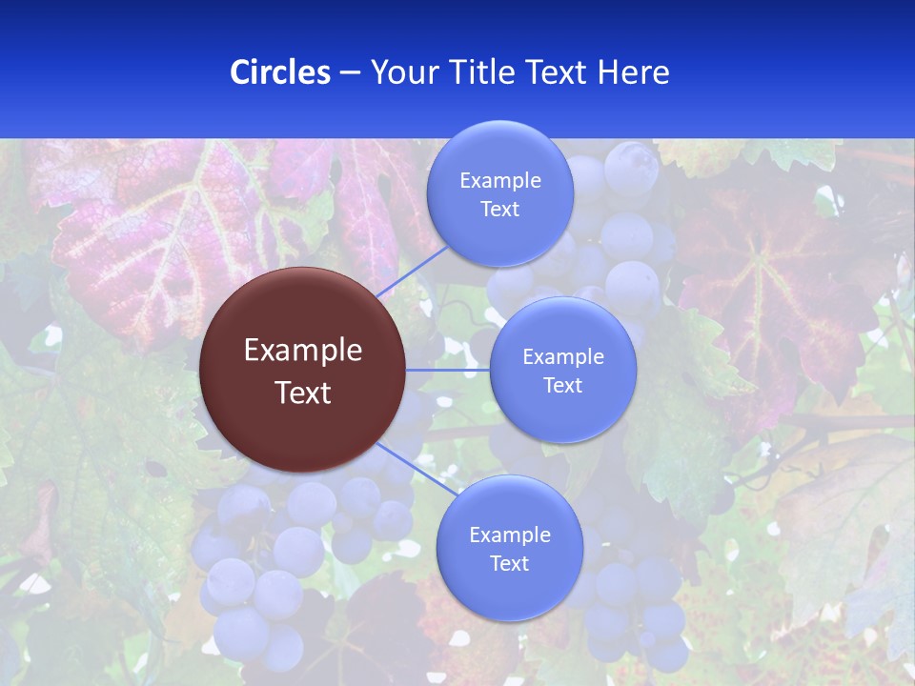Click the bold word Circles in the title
(x=280, y=72)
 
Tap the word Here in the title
(x=633, y=72)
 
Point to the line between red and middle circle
(x=448, y=370)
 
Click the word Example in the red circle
(x=303, y=351)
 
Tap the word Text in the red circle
(x=303, y=393)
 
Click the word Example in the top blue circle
(x=499, y=181)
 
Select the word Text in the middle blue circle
(x=562, y=386)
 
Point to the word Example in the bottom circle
(x=509, y=535)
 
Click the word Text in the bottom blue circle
(x=509, y=564)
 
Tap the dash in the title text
(x=350, y=72)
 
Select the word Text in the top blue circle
(x=499, y=210)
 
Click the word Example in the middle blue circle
(x=562, y=357)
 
